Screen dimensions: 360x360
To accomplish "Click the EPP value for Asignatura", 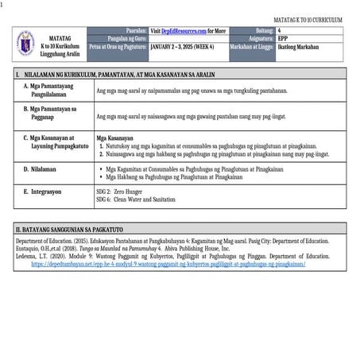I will (283, 38).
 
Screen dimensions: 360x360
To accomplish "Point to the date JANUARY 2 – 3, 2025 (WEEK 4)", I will (184, 47).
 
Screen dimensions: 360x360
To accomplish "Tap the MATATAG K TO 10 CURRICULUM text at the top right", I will (308, 18).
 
